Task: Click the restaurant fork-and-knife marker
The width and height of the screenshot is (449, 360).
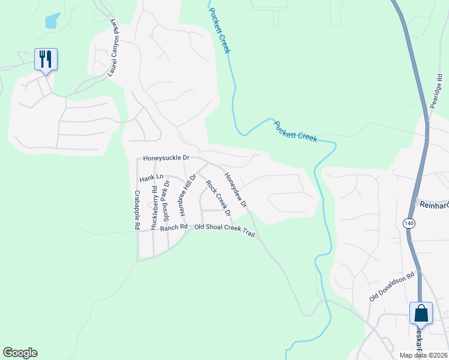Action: coord(46,59)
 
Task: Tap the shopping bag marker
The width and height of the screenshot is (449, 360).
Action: coord(421,313)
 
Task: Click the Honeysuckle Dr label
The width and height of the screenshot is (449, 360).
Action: coord(166,158)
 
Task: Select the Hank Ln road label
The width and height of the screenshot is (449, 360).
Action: coord(151,178)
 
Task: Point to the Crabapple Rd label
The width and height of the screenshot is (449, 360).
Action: coord(137,210)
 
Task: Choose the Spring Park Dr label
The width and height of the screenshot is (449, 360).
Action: coord(167,200)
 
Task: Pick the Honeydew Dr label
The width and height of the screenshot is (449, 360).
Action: coord(236,190)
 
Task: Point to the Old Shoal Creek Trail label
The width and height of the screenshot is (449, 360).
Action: coord(225,231)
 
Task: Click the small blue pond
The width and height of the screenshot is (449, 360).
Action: coord(52,21)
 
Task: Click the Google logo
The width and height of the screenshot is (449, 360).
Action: coord(20,353)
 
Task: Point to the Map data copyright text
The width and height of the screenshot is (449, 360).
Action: coord(423,355)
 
